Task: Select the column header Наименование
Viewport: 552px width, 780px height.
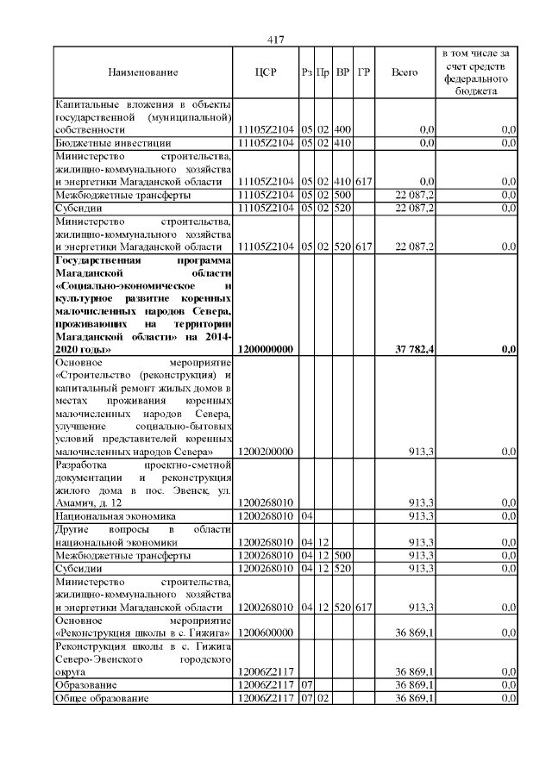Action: coord(143,72)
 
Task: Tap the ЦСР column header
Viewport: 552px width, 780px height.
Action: coord(266,72)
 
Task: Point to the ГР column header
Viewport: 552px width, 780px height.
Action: coord(363,72)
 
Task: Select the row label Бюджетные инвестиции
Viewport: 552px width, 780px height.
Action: coord(113,142)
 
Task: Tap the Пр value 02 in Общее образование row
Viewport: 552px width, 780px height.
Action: coord(323,697)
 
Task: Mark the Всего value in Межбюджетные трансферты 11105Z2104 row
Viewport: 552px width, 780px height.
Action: coord(417,195)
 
